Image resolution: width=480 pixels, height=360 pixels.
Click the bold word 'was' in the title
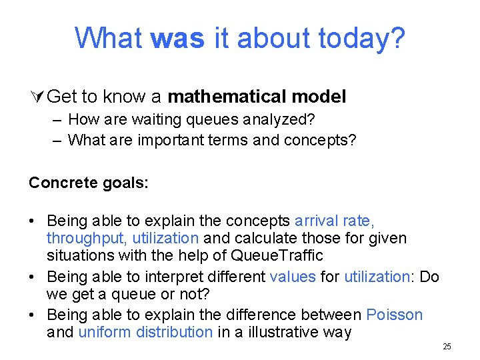pos(177,38)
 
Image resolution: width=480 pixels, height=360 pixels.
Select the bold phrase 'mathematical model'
pos(257,97)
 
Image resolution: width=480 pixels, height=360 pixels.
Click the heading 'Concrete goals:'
pos(89,183)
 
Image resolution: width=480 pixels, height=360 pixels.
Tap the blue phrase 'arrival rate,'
pos(335,221)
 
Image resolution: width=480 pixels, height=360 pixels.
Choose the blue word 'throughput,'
pos(87,238)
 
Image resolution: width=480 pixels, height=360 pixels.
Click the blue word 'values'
pos(293,277)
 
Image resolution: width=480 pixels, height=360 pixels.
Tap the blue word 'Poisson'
pos(395,315)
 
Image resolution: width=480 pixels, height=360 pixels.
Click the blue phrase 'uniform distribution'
pos(145,332)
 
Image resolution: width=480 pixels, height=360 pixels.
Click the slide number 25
pos(447,347)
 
